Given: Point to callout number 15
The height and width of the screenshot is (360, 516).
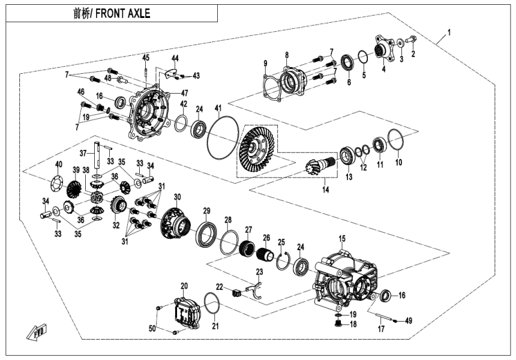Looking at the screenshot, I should [x=342, y=239].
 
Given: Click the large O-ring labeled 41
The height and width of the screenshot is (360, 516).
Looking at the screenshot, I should [x=223, y=138].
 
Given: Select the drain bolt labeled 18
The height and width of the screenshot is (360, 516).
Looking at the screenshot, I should [x=337, y=324].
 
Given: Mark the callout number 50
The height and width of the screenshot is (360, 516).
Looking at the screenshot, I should [x=152, y=328].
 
